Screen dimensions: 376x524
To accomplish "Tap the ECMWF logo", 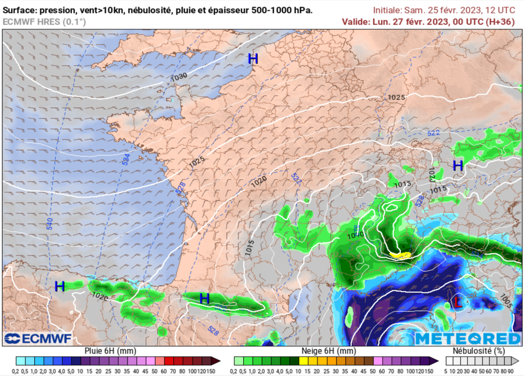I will point(38,339).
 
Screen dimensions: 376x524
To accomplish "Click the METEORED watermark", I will point(468,339).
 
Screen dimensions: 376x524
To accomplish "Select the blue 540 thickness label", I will point(50,223).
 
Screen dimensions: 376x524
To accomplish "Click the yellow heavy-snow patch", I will point(400,254).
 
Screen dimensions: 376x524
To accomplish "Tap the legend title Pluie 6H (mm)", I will point(111,351).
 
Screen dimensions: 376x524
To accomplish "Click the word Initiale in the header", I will point(387,10).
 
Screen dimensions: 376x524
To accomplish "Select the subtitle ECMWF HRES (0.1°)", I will point(45,21).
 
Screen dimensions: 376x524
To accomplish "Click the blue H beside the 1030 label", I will point(253,59).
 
